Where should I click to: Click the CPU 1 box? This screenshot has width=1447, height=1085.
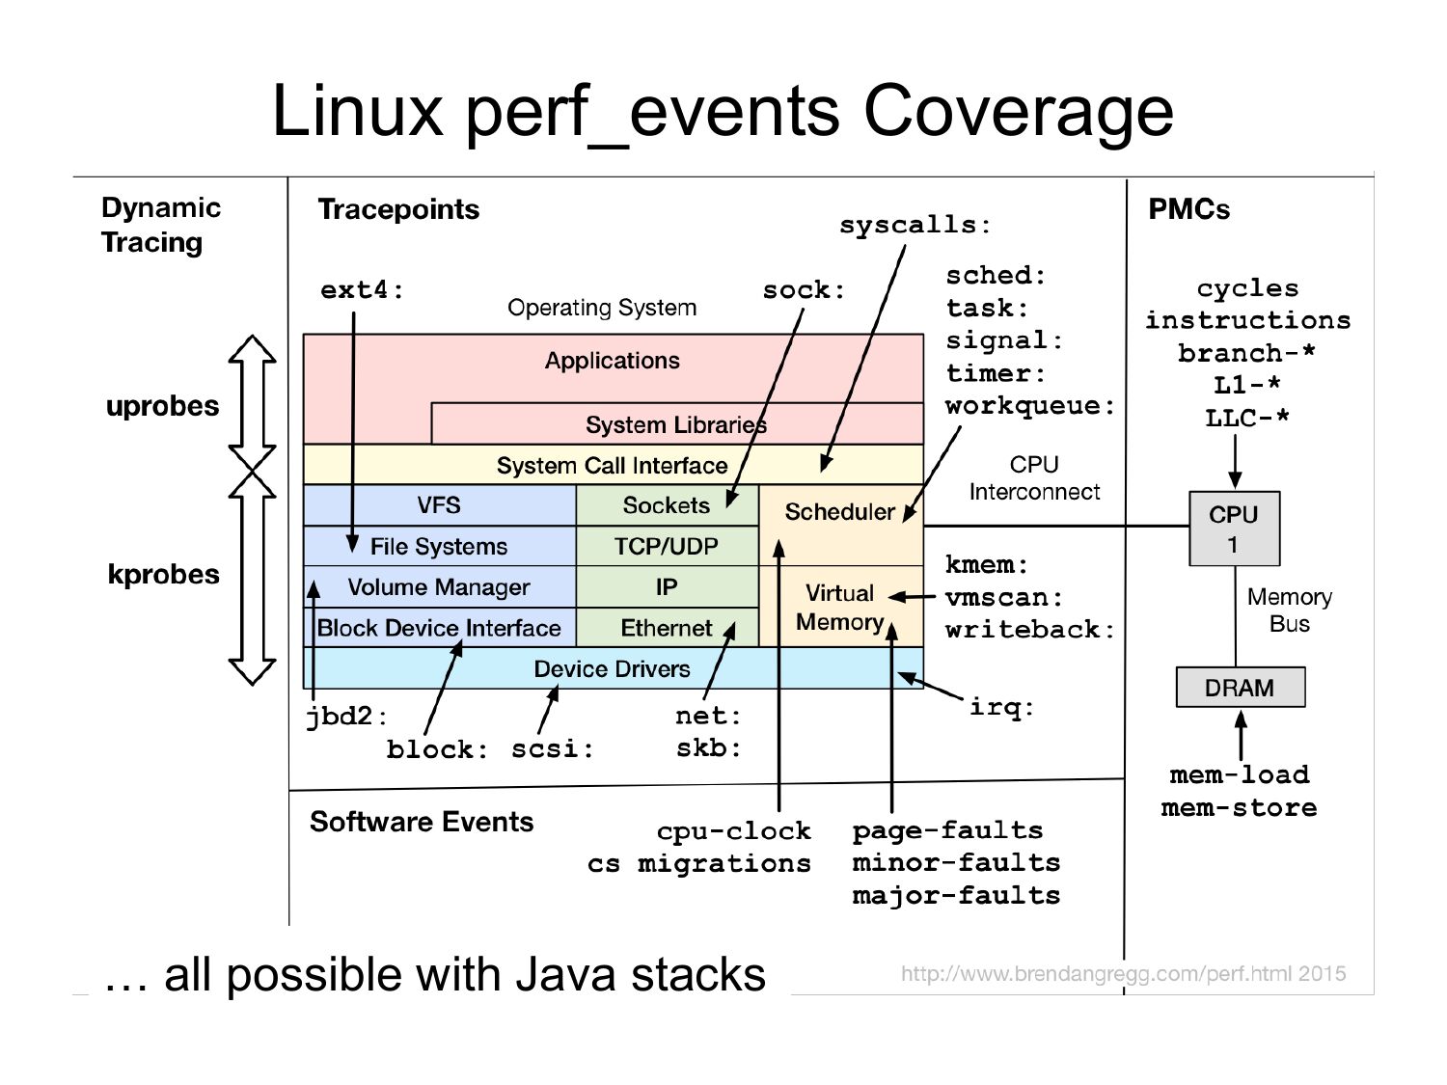tap(1234, 529)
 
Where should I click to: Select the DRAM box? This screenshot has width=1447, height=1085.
tap(1240, 688)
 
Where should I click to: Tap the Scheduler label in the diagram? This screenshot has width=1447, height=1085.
tap(839, 511)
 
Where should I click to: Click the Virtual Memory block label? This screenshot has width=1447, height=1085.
tap(839, 608)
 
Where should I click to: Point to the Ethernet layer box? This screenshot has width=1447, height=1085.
tap(666, 628)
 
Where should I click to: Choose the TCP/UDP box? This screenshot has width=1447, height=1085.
tap(666, 547)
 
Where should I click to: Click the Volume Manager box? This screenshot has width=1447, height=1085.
tap(439, 587)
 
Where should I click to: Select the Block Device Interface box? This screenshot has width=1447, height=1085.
tap(439, 628)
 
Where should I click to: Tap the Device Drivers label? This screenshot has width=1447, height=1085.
tap(612, 668)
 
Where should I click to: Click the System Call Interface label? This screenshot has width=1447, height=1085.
tap(612, 465)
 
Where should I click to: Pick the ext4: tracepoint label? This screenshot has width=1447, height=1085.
tap(362, 290)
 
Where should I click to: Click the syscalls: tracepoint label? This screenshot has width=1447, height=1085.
tap(915, 226)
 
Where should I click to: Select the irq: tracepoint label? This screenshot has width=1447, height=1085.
tap(1001, 707)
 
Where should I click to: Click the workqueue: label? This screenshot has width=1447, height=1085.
tap(1029, 406)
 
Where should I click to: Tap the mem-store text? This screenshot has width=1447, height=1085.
tap(1239, 807)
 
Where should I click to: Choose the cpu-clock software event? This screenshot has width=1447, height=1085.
tap(733, 830)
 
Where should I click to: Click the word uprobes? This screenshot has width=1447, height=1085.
tap(162, 406)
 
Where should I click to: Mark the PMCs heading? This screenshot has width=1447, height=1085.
tap(1188, 209)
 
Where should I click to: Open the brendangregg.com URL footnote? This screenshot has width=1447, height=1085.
tap(1123, 973)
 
